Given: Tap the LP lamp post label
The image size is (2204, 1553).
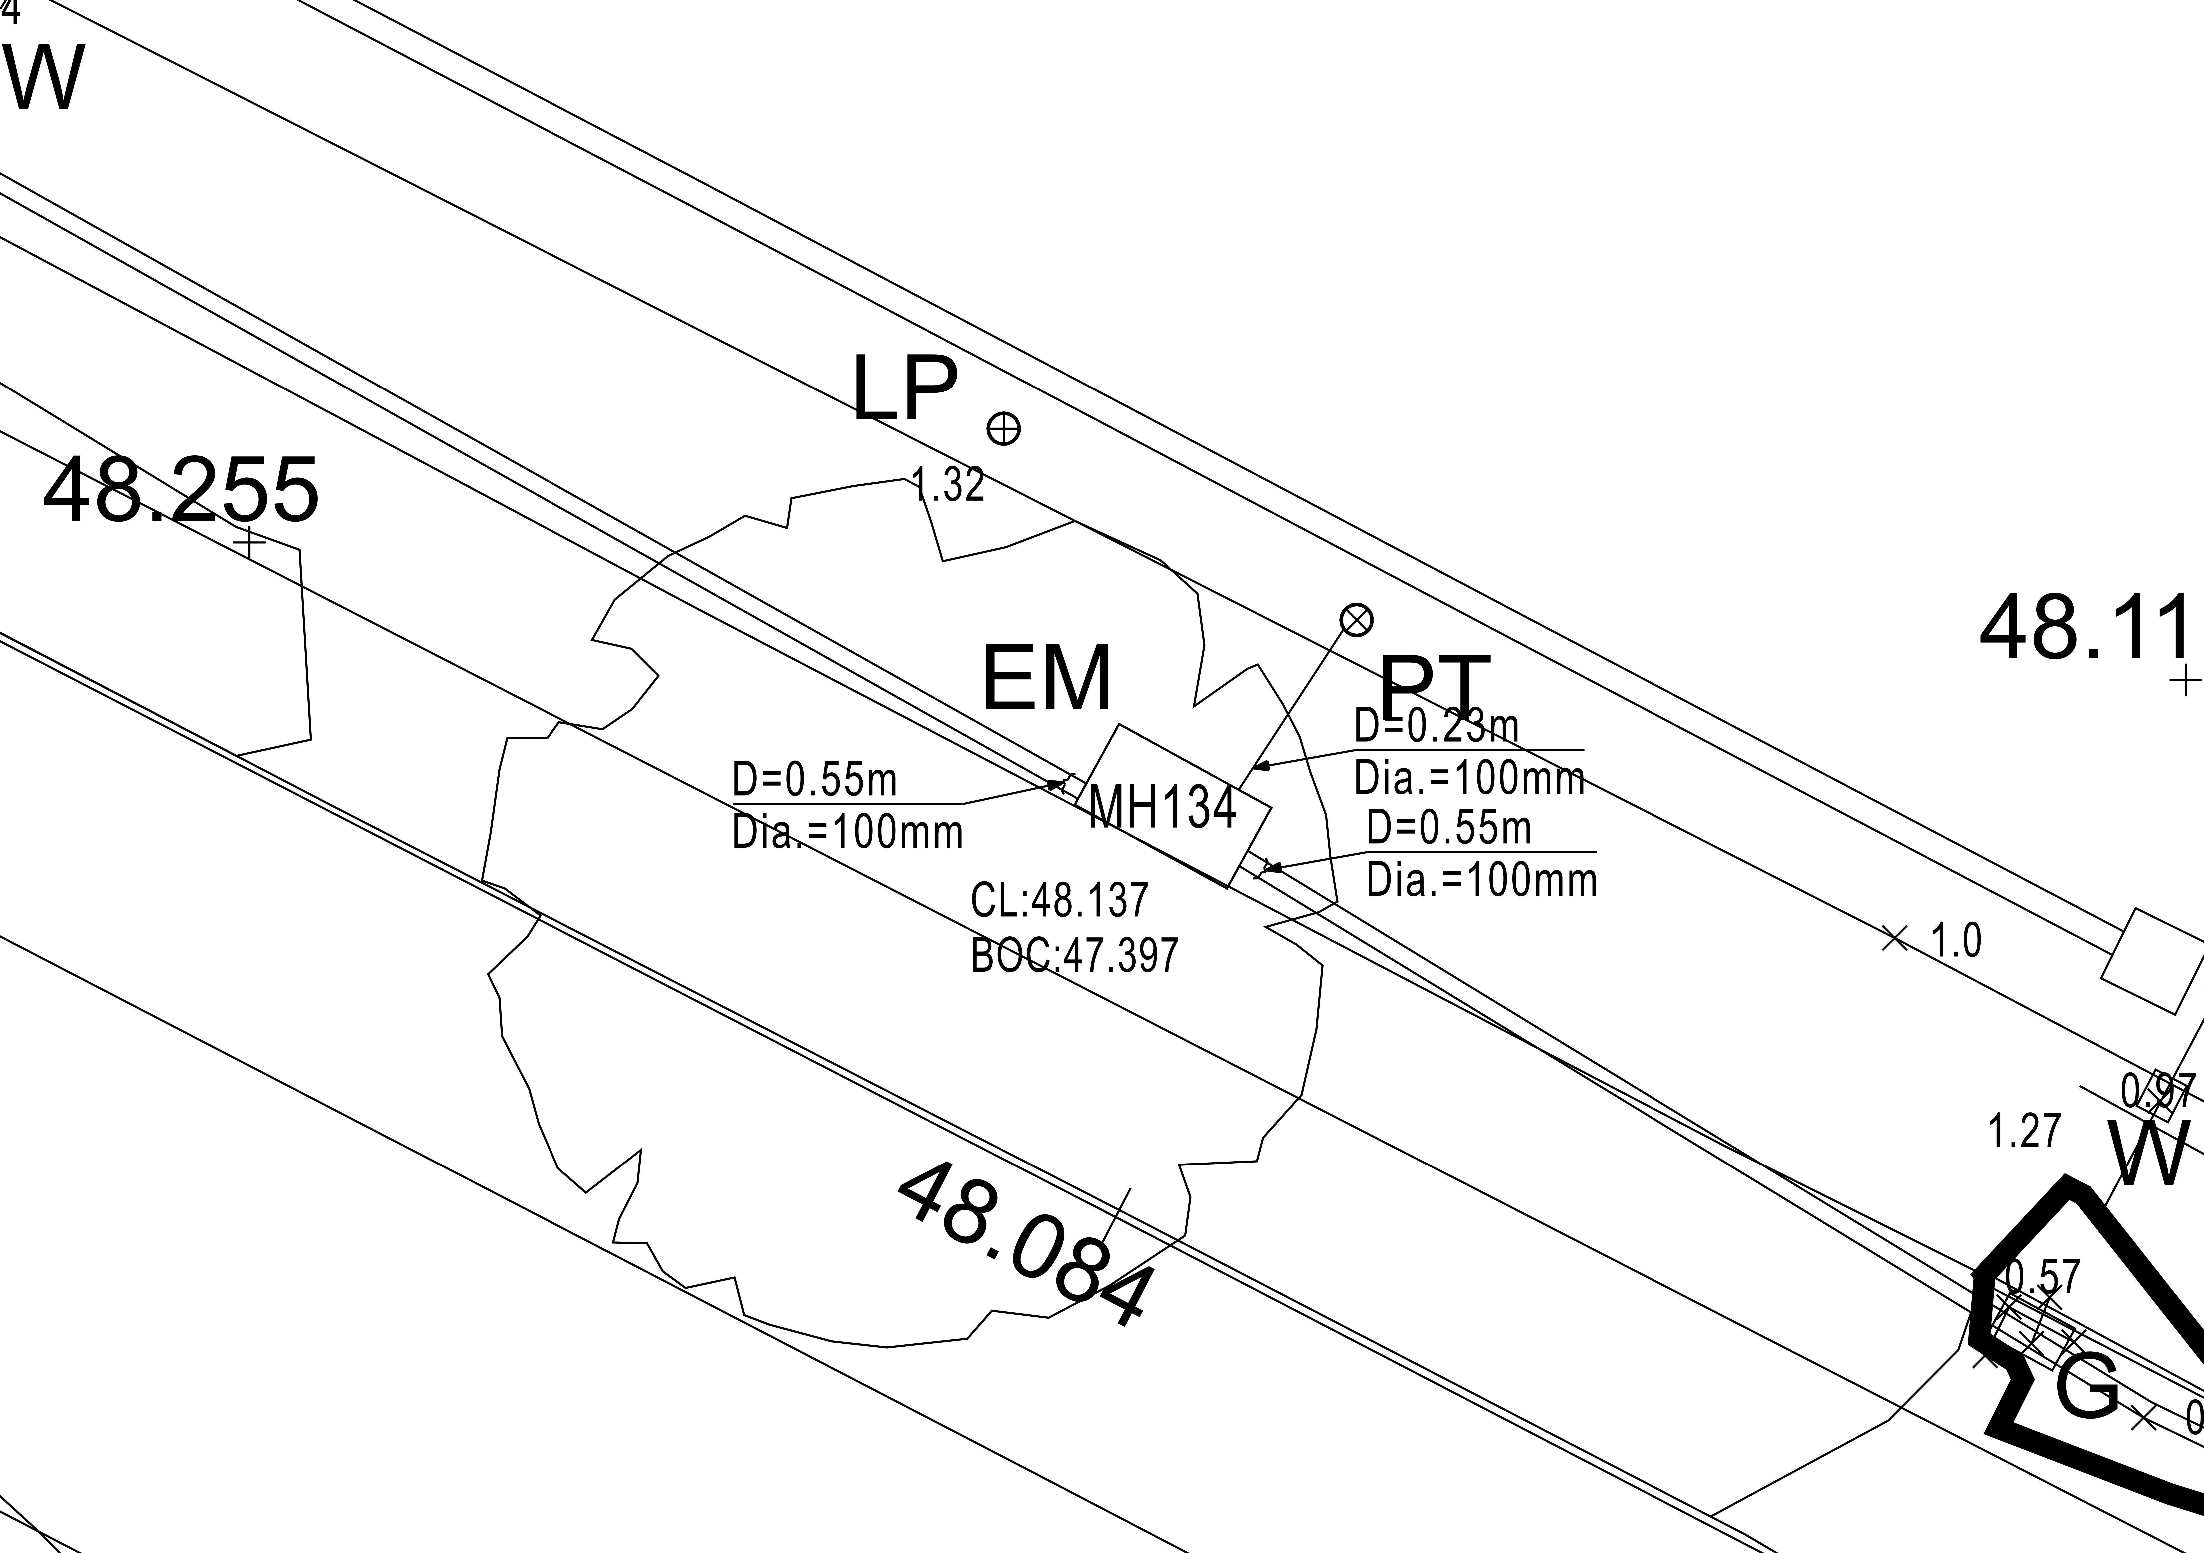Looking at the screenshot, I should click(904, 389).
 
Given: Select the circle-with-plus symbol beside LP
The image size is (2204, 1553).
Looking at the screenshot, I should click(1003, 428).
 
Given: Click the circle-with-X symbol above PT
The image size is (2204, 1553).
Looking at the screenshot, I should click(1355, 620).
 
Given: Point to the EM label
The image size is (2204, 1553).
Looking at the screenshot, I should click(1046, 679).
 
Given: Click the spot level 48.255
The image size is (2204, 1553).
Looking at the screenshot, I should click(181, 490).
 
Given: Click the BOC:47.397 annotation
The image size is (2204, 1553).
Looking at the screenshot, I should click(1074, 955).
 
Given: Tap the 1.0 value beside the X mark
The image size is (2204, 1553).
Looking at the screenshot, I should click(1955, 941).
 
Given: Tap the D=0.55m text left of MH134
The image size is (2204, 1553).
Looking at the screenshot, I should click(814, 779).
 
